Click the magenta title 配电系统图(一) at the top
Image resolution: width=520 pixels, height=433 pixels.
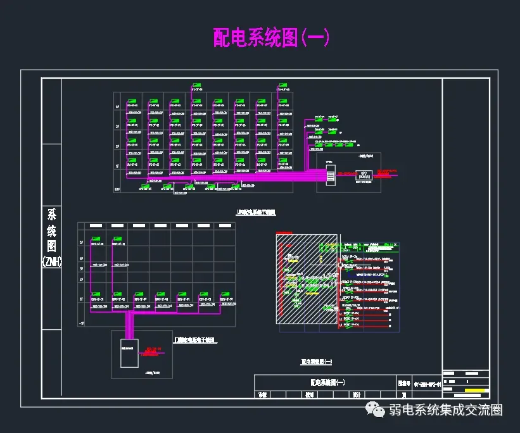[x=271, y=37]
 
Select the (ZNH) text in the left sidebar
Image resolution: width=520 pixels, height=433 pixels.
[x=51, y=261]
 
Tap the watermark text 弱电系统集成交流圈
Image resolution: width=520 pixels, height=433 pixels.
[x=446, y=411]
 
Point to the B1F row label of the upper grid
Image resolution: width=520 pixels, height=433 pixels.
[x=117, y=189]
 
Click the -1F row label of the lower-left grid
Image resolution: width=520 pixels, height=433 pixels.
[x=81, y=322]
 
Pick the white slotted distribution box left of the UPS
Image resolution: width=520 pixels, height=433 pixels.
[x=330, y=173]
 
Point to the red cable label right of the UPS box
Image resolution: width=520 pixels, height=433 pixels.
[x=386, y=171]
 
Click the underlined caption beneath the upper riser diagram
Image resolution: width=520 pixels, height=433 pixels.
[x=256, y=213]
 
